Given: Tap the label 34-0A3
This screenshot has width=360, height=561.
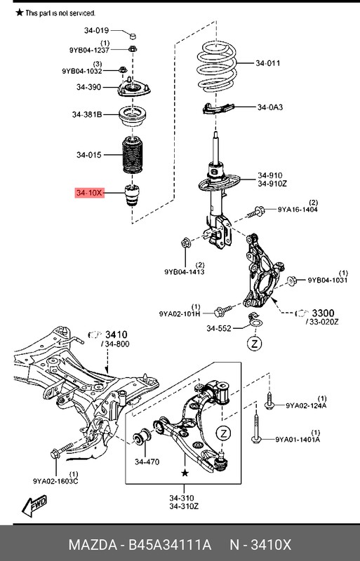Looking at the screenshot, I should pyautogui.click(x=270, y=107).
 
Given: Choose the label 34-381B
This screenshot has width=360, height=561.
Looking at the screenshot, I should pyautogui.click(x=88, y=114).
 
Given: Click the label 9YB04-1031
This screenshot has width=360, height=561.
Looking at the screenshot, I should pyautogui.click(x=328, y=280).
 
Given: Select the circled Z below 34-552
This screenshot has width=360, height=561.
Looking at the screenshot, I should pyautogui.click(x=255, y=344).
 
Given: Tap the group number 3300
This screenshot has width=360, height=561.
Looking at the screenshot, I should pyautogui.click(x=325, y=312).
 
